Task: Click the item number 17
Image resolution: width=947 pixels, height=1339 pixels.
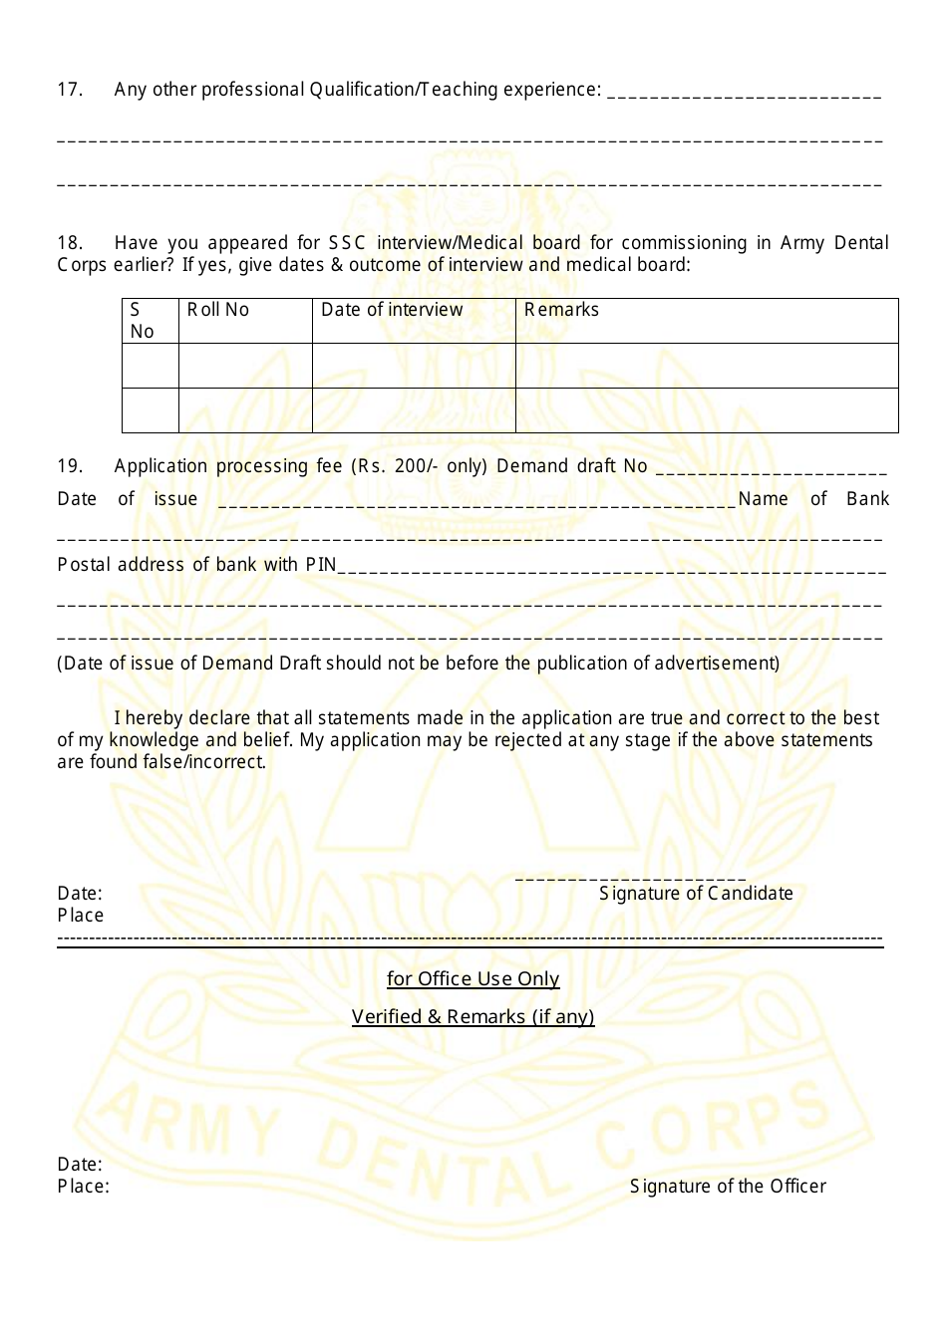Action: click(x=70, y=90)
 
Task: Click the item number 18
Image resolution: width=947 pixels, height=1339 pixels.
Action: click(x=70, y=243)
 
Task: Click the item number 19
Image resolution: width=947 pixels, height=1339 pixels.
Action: click(x=70, y=466)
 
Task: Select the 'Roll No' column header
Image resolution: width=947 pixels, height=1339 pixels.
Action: click(x=218, y=310)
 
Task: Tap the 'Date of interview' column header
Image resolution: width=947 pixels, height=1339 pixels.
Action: click(x=392, y=310)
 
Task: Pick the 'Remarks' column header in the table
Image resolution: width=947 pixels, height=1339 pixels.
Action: click(x=561, y=310)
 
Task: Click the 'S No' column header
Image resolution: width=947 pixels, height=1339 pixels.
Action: click(x=142, y=321)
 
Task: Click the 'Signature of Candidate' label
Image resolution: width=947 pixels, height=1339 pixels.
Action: click(x=696, y=894)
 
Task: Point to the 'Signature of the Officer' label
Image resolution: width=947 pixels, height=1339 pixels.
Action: click(x=728, y=1187)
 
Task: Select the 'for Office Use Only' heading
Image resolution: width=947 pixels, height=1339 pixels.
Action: click(x=473, y=979)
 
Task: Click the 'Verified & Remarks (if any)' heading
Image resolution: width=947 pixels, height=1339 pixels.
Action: click(x=473, y=1017)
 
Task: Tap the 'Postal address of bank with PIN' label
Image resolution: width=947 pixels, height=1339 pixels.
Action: click(x=196, y=565)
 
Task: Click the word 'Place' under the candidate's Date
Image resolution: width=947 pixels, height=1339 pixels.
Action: click(x=81, y=916)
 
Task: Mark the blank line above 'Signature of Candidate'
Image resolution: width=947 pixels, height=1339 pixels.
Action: click(x=630, y=876)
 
